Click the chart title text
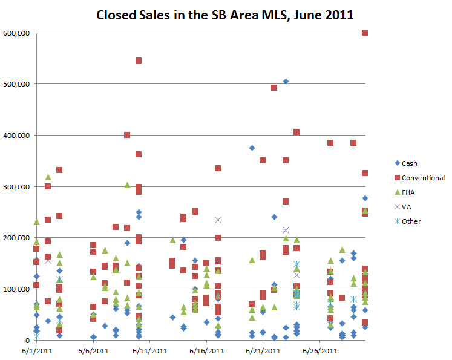pyautogui.click(x=226, y=15)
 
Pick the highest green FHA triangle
pyautogui.click(x=48, y=177)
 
